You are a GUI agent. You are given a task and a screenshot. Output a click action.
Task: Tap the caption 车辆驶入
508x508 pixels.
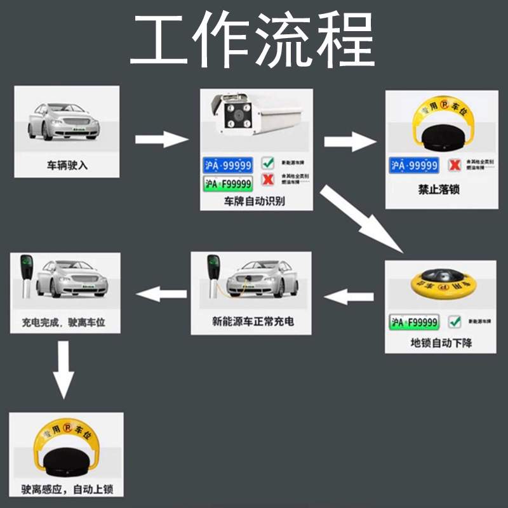[67, 165]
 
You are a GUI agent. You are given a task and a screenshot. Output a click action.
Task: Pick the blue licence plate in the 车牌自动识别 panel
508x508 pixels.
[227, 164]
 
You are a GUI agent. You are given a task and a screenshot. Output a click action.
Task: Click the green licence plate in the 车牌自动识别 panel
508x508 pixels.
[227, 184]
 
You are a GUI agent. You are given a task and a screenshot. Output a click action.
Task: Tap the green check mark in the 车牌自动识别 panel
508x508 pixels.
[268, 164]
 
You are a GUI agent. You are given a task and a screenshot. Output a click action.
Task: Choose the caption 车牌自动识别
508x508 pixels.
[254, 201]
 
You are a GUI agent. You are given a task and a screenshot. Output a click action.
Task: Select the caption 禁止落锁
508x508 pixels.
[438, 190]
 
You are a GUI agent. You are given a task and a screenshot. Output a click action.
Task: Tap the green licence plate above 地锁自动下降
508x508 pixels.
[415, 322]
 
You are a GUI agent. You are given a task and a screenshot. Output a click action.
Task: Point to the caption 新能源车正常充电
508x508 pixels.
[253, 321]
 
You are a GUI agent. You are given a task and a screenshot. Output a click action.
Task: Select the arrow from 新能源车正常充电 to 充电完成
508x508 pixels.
[163, 293]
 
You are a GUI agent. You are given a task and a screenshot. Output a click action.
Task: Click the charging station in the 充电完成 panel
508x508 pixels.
[27, 277]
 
